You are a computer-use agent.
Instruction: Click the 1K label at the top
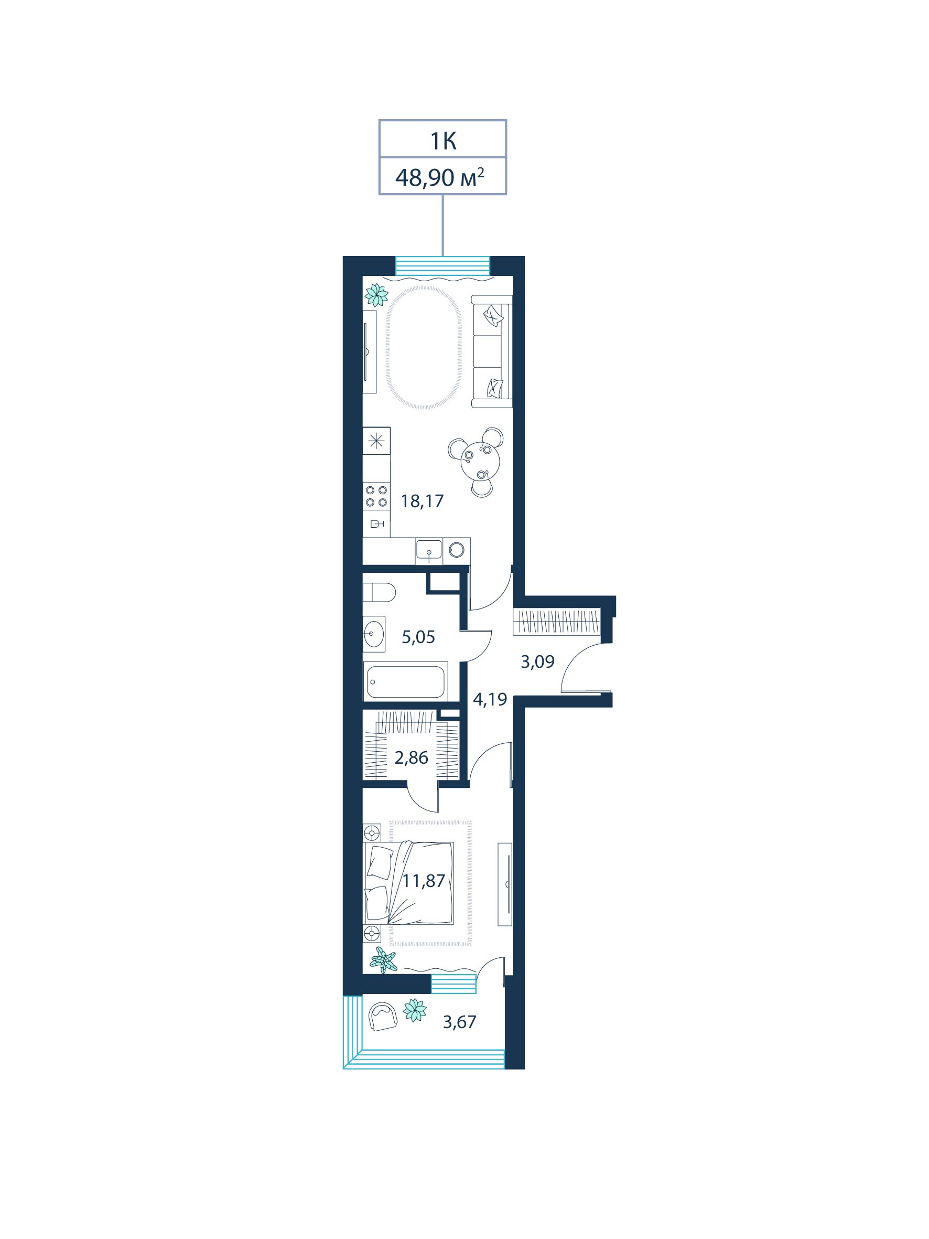point(442,141)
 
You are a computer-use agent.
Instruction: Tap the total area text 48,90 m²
point(439,177)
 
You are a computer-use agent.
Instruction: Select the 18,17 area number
point(422,500)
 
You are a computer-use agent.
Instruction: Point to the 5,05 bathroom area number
point(418,637)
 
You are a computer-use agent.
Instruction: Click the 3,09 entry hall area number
point(537,661)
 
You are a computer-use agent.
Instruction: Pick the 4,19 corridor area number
point(490,699)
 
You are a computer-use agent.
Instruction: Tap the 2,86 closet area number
point(411,757)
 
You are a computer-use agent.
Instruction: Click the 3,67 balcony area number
point(459,1022)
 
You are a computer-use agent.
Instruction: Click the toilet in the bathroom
point(379,592)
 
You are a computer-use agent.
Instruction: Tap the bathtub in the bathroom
point(405,681)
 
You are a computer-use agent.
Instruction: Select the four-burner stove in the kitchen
point(376,496)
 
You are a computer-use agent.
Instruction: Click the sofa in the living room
point(492,351)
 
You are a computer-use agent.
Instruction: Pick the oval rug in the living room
point(423,347)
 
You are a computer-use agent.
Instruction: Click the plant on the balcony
point(415,1010)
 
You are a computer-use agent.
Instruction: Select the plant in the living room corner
point(376,295)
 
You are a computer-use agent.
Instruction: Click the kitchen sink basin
point(428,551)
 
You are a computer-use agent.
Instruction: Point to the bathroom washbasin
point(373,634)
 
